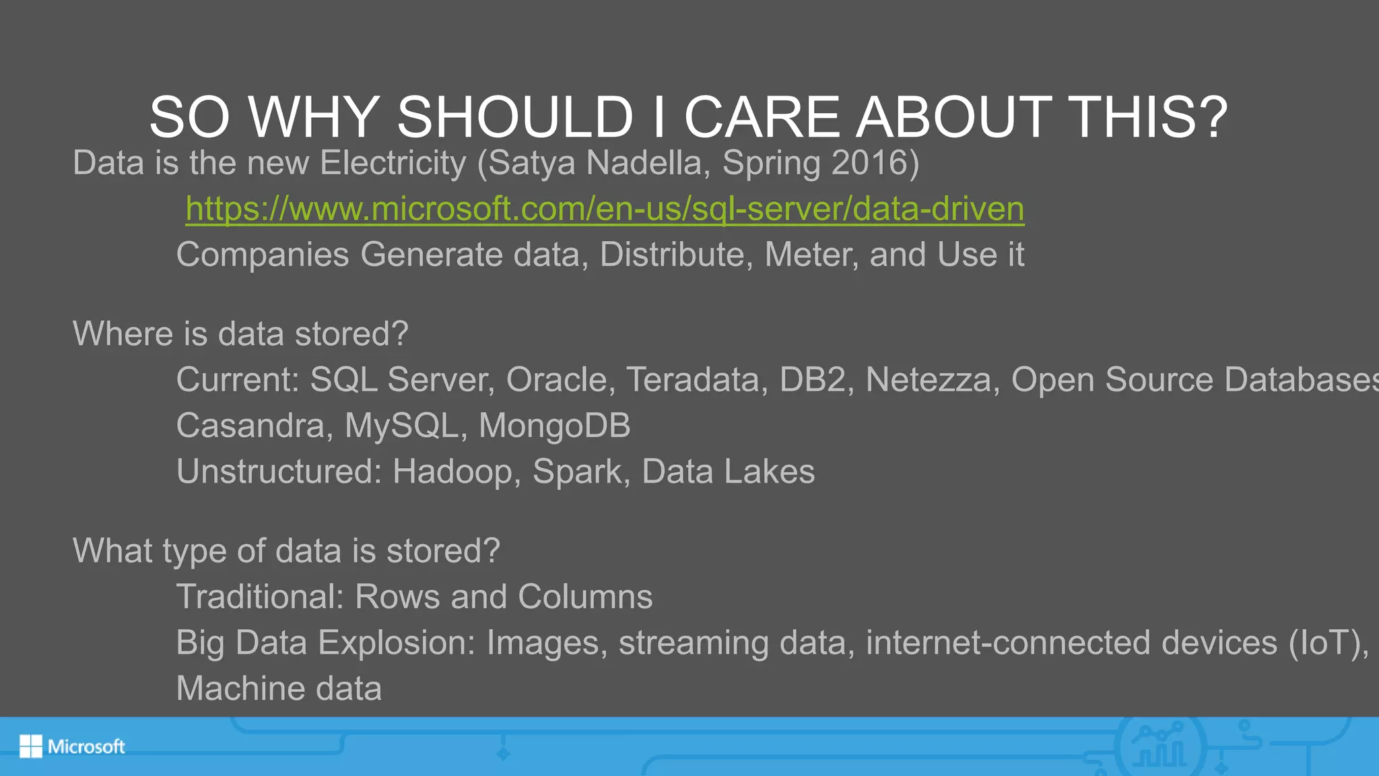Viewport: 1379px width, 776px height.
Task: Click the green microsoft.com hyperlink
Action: [x=605, y=209]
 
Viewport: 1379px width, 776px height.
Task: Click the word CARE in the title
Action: [x=762, y=117]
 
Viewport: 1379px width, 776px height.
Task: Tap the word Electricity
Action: [x=393, y=163]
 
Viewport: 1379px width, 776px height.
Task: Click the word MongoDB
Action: [x=554, y=426]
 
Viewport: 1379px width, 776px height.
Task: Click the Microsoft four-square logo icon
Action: [x=30, y=746]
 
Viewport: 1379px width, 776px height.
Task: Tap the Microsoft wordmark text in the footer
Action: [x=86, y=746]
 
